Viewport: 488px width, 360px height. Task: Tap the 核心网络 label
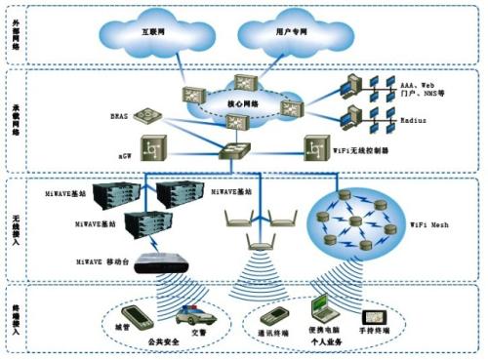pyautogui.click(x=238, y=103)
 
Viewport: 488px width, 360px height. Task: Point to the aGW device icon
pyautogui.click(x=152, y=150)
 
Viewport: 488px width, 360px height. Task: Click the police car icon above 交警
pyautogui.click(x=191, y=320)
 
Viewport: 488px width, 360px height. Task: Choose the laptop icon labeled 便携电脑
pyautogui.click(x=322, y=311)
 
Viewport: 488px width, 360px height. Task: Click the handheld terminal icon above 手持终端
pyautogui.click(x=375, y=319)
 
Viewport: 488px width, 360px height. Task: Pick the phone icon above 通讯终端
pyautogui.click(x=276, y=316)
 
